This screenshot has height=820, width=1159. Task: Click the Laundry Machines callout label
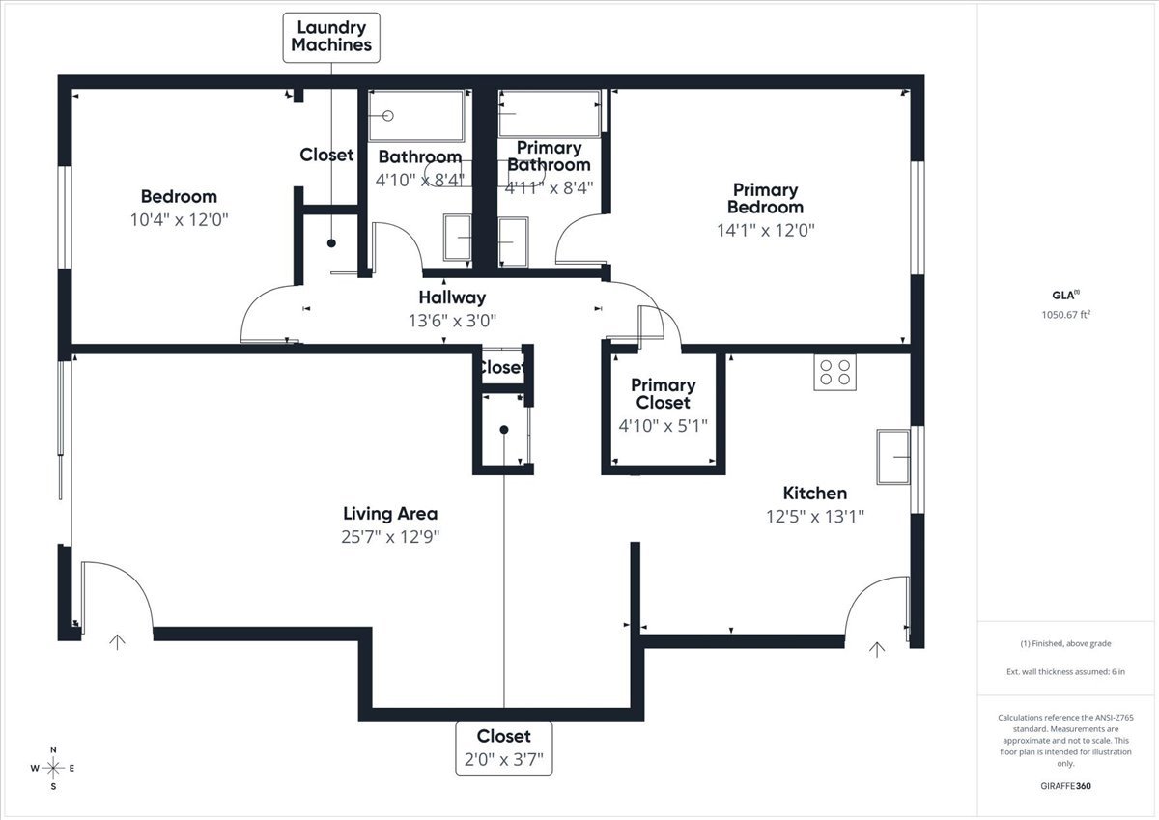coord(331,38)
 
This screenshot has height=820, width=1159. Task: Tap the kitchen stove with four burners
coord(834,372)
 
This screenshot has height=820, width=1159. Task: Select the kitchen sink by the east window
coord(893,457)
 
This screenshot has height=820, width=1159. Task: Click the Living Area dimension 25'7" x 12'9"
coord(390,537)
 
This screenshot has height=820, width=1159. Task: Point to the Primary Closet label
coord(663,394)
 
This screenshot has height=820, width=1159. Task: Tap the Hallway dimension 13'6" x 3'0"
coord(452,321)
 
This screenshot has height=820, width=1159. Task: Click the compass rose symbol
coord(53,768)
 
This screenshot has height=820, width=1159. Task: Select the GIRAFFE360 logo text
coord(1065,786)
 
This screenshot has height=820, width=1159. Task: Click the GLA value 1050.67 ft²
coord(1066,314)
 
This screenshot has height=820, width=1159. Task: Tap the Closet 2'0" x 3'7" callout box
coord(504,749)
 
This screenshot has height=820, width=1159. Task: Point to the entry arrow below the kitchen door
coord(877,650)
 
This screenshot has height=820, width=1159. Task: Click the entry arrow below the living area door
coord(118,642)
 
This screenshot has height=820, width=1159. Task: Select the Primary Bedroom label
coord(765,199)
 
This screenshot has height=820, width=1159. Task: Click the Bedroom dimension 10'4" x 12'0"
coord(179,220)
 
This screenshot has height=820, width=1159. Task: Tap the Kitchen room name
coord(815,493)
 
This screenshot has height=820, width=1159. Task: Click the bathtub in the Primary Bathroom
coord(549,114)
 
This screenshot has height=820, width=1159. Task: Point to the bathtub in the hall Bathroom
coord(416,115)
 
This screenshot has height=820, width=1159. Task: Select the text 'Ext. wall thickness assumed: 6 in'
coord(1066,671)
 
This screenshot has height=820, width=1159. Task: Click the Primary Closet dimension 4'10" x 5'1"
coord(663,426)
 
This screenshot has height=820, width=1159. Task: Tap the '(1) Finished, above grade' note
coord(1066,643)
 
